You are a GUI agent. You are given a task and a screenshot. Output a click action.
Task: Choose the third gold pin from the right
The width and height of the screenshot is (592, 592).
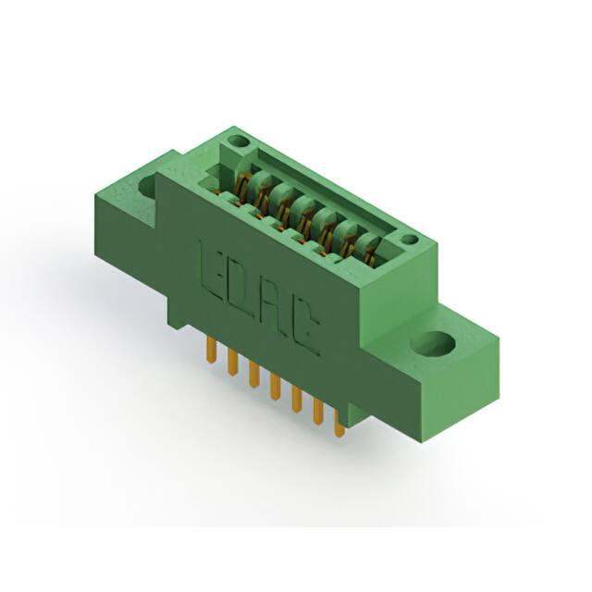pyautogui.click(x=297, y=399)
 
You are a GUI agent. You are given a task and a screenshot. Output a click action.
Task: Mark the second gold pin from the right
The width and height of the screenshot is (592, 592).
pyautogui.click(x=319, y=412)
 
